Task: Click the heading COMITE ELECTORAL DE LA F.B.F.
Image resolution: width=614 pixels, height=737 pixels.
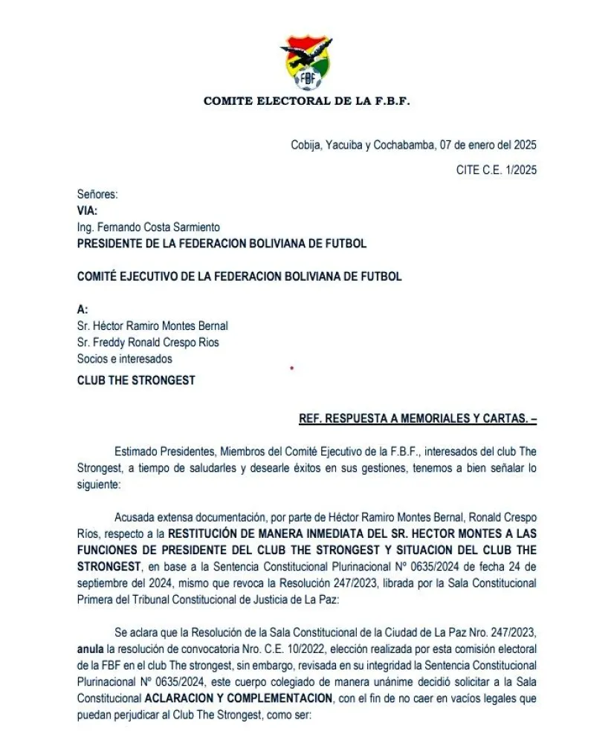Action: click(306, 101)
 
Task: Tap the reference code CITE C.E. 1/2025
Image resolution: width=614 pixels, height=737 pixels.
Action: click(496, 170)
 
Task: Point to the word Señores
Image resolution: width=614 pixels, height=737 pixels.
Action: click(97, 195)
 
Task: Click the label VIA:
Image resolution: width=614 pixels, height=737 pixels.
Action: click(87, 211)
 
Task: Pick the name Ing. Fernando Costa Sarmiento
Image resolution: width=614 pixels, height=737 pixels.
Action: click(149, 227)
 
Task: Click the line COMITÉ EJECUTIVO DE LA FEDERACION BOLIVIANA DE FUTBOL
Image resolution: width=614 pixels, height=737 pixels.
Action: click(239, 276)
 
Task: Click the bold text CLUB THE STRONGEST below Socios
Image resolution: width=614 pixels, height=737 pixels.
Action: click(136, 380)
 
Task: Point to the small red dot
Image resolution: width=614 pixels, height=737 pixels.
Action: click(291, 367)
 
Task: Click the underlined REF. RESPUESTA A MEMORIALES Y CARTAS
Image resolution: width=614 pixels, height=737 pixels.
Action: click(417, 419)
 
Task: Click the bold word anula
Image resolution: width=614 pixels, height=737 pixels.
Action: click(91, 648)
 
